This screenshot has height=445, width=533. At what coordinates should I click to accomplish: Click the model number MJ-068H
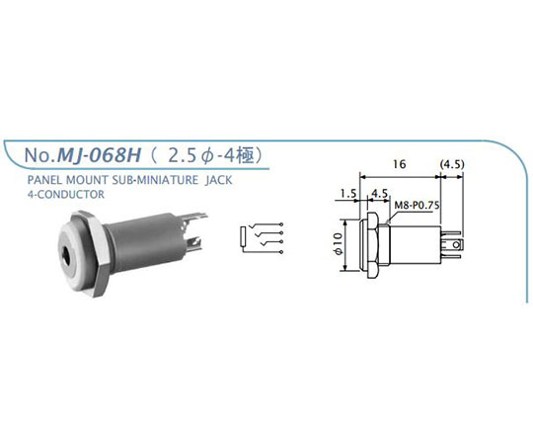99,155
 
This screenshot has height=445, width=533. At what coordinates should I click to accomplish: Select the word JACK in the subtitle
219,180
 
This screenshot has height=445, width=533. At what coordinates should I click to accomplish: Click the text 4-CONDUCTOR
66,195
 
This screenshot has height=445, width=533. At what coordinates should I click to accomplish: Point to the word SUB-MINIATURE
155,180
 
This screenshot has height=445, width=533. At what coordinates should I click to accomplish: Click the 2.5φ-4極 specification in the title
211,156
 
